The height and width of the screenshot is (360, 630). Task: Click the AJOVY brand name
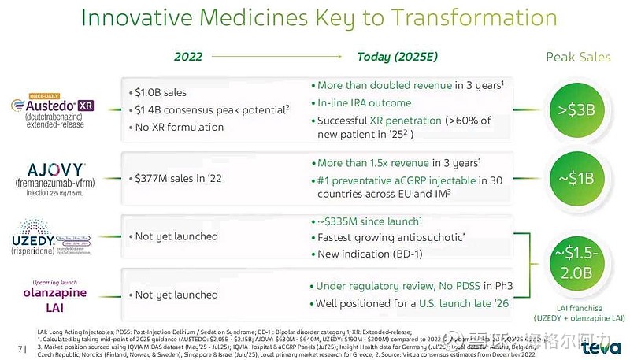click(55, 168)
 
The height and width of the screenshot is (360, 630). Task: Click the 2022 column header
click(188, 57)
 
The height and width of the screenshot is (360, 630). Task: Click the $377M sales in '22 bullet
click(177, 178)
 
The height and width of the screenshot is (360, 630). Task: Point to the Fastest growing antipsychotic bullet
click(390, 236)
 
